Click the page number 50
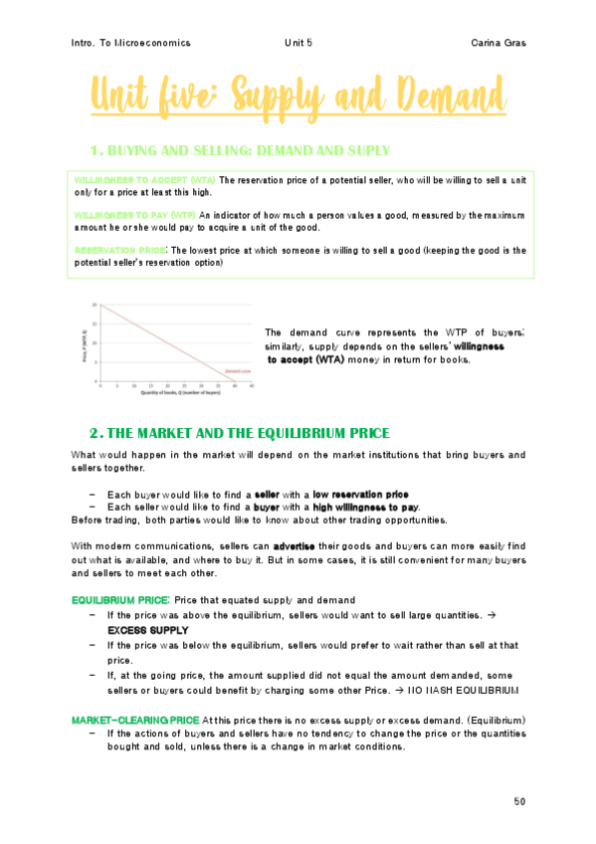(x=520, y=800)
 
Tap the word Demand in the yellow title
(x=437, y=99)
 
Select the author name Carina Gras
(x=499, y=43)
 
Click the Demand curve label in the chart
(x=236, y=369)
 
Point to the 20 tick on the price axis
(x=96, y=305)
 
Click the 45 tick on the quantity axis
(x=252, y=386)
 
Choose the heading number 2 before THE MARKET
(x=96, y=433)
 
